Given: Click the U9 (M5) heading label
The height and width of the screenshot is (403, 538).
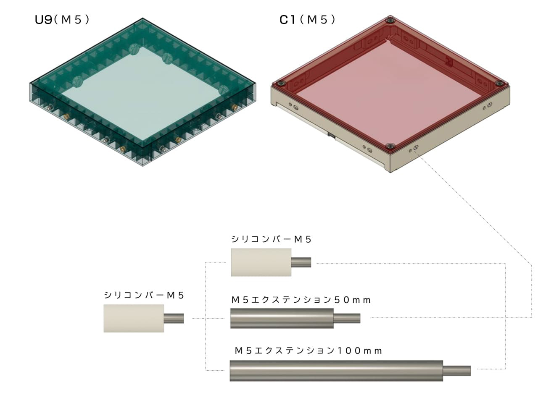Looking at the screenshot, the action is tap(62, 20).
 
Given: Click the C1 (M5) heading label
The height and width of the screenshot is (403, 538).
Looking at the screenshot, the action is tap(307, 20).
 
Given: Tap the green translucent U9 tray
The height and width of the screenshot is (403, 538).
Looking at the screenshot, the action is tap(142, 92).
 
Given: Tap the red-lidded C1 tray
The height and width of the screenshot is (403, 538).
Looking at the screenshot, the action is tap(390, 94).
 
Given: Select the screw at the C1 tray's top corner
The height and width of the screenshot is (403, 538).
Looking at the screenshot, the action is tap(390, 20).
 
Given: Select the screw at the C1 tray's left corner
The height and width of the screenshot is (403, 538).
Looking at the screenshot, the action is tap(280, 84).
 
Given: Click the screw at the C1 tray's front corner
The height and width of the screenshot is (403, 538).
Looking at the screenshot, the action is tap(390, 147).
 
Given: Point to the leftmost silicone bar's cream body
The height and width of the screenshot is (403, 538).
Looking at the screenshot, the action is tap(134, 318).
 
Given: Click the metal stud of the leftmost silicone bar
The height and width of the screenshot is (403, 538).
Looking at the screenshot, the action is tap(174, 318).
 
